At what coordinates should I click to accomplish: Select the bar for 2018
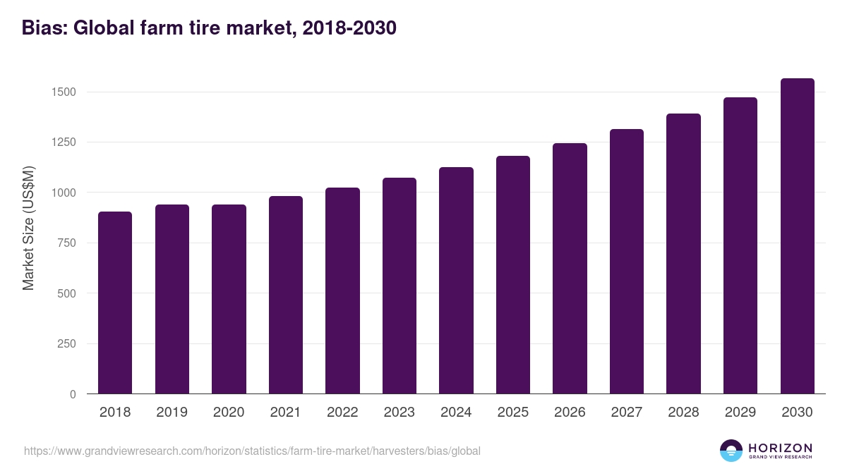click(x=115, y=303)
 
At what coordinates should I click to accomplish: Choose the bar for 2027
click(x=627, y=262)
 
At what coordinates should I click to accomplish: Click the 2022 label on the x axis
click(x=342, y=413)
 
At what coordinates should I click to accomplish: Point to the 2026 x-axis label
click(x=570, y=413)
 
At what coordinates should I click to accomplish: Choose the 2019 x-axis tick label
click(x=172, y=413)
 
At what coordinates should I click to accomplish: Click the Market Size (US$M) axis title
click(x=28, y=227)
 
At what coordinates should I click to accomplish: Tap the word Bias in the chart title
click(x=43, y=28)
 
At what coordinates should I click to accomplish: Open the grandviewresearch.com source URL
click(x=252, y=451)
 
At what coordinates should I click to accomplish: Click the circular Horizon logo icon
click(x=731, y=451)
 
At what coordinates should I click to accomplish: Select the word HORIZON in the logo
click(x=780, y=447)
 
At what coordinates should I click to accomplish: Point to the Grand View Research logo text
click(x=780, y=458)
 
